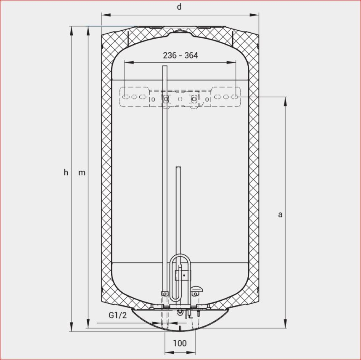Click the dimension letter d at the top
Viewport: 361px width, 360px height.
coord(179,7)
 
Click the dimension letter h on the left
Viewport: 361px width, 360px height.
coord(66,172)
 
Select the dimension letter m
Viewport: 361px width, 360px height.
coord(82,172)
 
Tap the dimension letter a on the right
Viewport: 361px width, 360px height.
coord(280,215)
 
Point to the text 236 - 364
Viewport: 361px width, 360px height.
coord(180,56)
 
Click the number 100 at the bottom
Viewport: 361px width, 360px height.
coord(180,343)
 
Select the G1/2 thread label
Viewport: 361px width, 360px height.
coord(118,315)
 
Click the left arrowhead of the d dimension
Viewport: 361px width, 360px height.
coord(106,15)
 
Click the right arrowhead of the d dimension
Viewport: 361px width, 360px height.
coord(255,15)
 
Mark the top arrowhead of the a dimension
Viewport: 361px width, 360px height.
coord(286,101)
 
